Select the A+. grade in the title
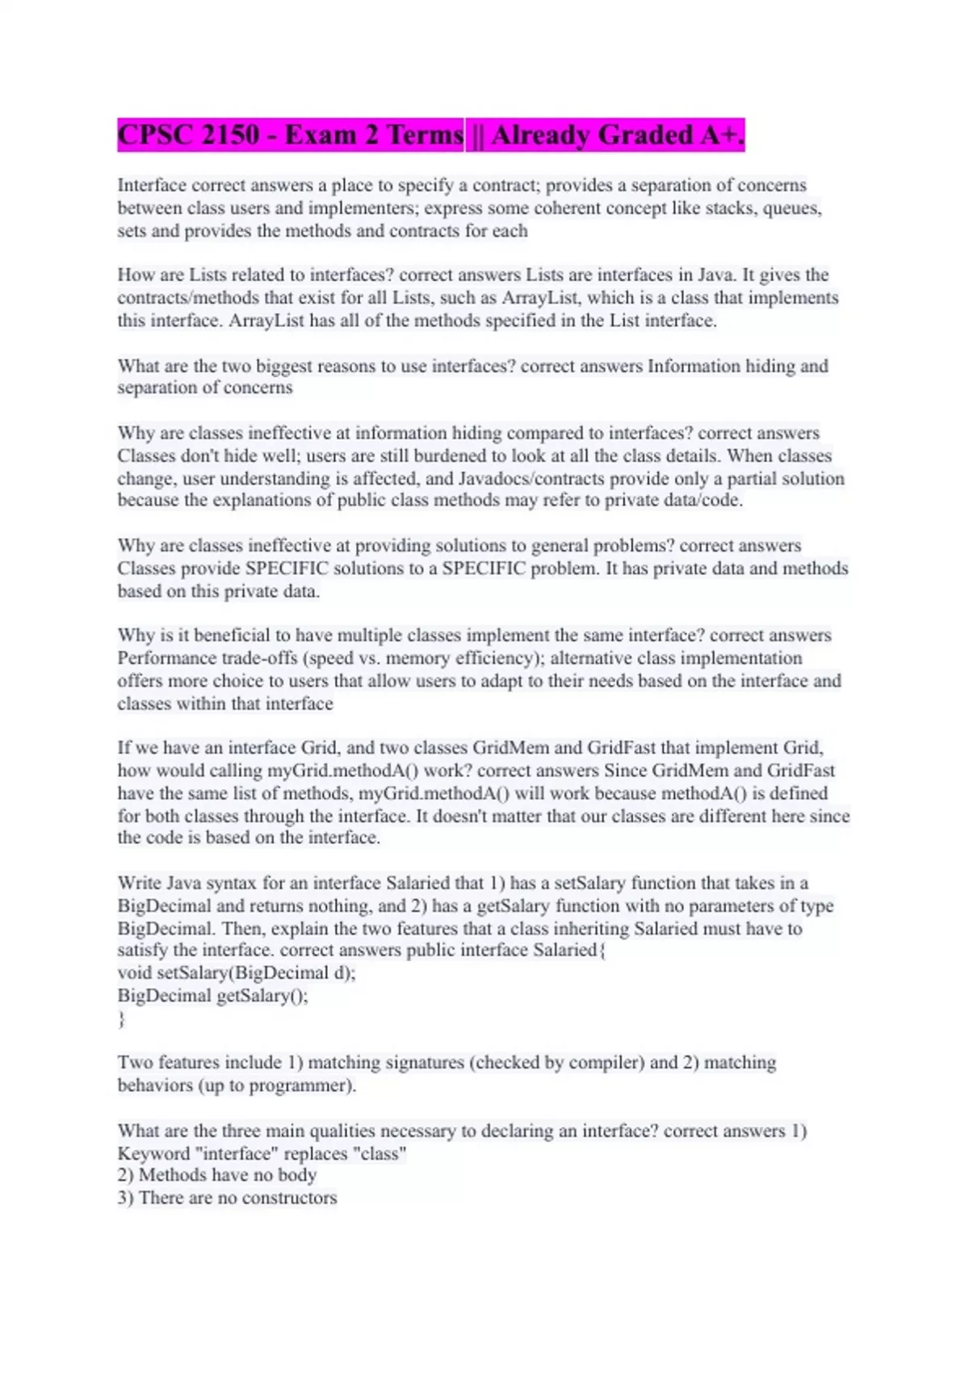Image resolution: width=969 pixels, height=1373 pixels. [723, 135]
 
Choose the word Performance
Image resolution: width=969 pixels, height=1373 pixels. [166, 658]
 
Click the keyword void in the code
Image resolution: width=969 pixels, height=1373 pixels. [134, 973]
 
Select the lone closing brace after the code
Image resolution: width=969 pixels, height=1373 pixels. [121, 1019]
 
